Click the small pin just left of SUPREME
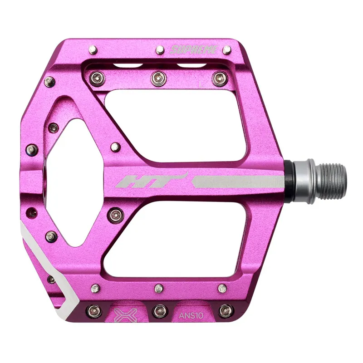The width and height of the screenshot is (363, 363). [x=160, y=49]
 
